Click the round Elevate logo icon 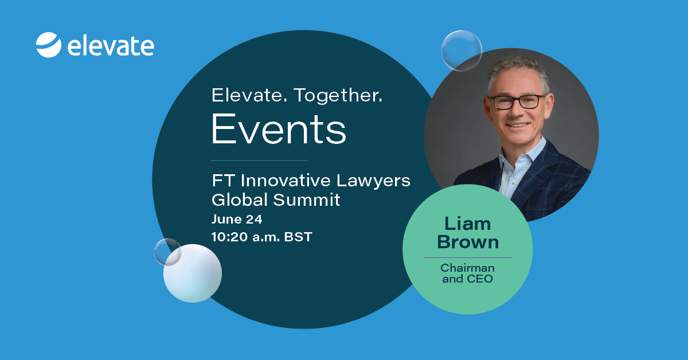pos(49,45)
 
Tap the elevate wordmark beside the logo pos(111,46)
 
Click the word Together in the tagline pos(338,96)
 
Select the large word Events pos(279,129)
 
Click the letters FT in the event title pos(223,181)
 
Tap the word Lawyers pos(373,182)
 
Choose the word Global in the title pos(239,199)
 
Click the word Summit pos(307,199)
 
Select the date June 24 pos(237,220)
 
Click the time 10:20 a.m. pos(245,237)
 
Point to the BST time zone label pos(298,237)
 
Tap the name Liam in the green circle pos(467,224)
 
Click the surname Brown pos(468,242)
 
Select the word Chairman pos(467,268)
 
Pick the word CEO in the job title pos(480,279)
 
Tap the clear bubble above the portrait pos(462,50)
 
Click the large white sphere pos(193,273)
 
